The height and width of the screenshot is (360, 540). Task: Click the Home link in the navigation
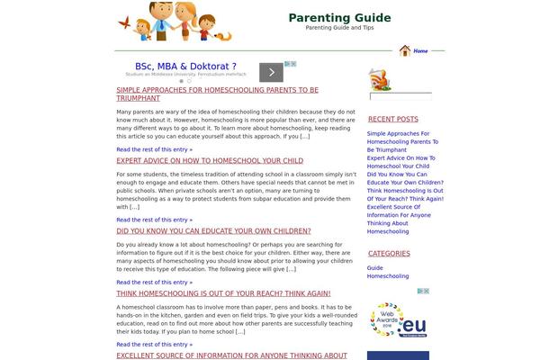coord(420,51)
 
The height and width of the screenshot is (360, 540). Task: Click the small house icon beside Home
coord(405,51)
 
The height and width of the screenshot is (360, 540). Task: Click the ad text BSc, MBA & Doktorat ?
coord(185,67)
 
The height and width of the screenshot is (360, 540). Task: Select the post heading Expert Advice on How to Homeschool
coord(210,160)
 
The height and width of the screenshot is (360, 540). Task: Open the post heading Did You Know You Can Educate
coord(213,230)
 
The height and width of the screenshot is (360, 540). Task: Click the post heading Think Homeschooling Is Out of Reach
coord(223,293)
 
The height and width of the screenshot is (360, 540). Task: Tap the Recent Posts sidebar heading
coord(392,119)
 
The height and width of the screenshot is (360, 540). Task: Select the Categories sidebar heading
coord(389,254)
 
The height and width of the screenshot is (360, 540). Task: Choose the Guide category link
coord(375,267)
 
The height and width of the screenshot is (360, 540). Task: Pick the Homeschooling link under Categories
coord(388,276)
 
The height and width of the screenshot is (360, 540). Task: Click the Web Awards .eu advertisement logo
coord(399,322)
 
